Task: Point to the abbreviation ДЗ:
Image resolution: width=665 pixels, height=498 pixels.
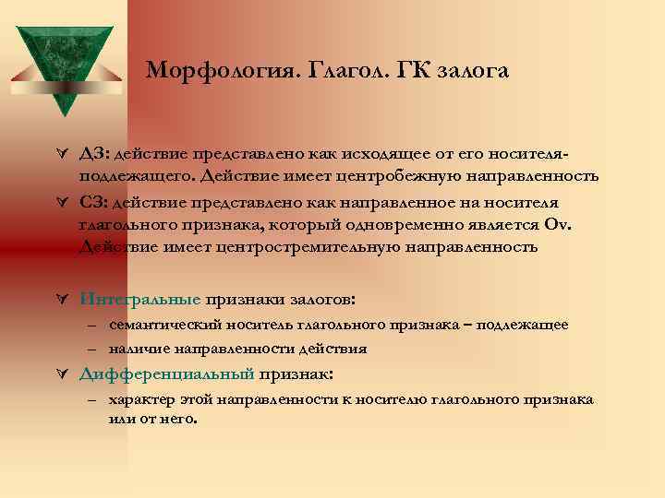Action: pyautogui.click(x=95, y=153)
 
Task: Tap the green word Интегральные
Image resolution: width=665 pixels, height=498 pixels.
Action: pyautogui.click(x=139, y=299)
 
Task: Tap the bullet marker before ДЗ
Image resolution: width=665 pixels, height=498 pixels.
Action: pyautogui.click(x=62, y=153)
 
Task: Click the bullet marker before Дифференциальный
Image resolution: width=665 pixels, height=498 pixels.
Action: pyautogui.click(x=62, y=374)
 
